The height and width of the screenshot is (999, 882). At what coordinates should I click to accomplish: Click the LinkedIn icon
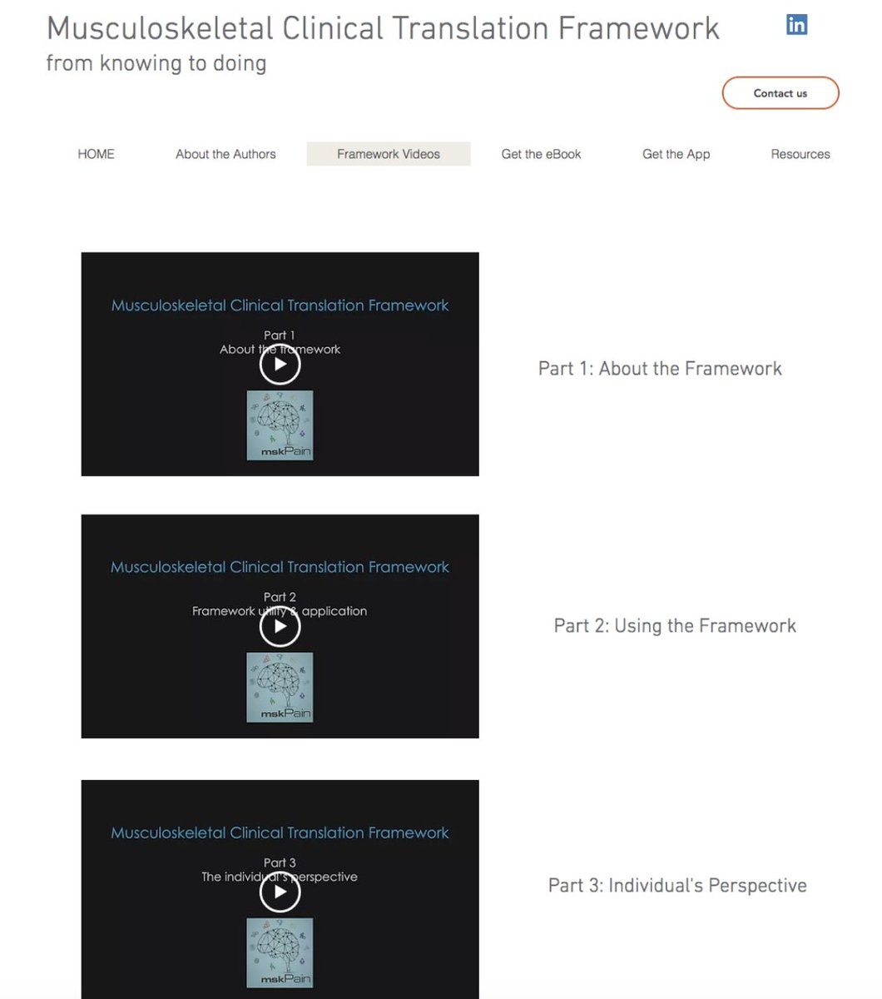(796, 25)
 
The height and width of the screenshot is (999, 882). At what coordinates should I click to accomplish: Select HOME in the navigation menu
(96, 154)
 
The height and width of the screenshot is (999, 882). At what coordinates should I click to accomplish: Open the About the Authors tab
(225, 154)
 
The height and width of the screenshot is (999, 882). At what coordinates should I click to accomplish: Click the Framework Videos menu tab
(389, 154)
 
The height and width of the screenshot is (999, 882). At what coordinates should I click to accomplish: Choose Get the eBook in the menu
(541, 154)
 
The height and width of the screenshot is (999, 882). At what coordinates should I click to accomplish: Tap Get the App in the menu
(676, 154)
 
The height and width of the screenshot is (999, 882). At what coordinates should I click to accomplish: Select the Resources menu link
(800, 154)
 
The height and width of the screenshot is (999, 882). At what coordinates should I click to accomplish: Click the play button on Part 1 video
(280, 365)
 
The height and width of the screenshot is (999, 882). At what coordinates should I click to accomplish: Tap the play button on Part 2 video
(280, 627)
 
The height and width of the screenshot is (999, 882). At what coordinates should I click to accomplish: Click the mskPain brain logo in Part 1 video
(280, 425)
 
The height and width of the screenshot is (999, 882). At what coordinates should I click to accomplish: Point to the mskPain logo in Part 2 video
(280, 687)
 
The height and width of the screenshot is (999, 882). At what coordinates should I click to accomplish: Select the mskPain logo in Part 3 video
(280, 952)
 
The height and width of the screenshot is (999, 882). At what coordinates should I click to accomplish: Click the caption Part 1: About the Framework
(660, 369)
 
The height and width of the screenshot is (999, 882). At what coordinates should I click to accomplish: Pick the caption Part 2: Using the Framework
(675, 626)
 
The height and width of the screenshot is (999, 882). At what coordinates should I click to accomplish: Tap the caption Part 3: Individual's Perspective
(677, 886)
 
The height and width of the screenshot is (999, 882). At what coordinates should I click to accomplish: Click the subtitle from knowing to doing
(156, 63)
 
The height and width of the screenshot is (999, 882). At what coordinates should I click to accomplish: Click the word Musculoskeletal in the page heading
(160, 29)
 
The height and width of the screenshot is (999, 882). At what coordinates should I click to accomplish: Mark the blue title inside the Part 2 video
(280, 568)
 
